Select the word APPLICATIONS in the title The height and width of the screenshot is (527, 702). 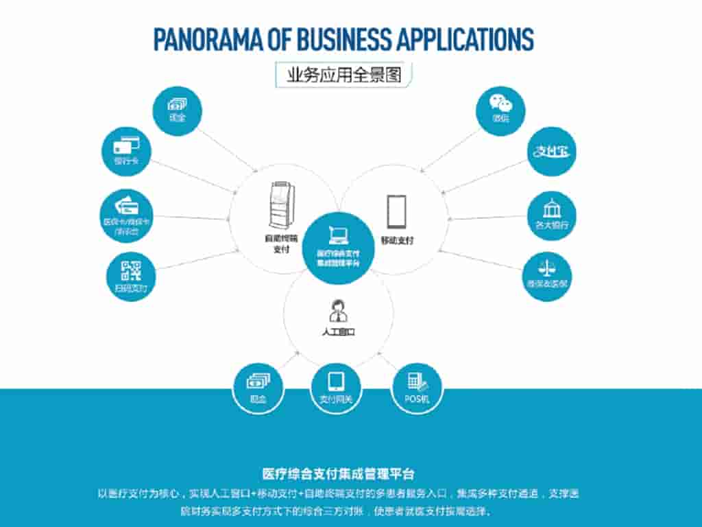click(465, 39)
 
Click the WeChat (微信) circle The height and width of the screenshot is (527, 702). click(500, 110)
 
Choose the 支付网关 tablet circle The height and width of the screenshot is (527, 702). click(336, 388)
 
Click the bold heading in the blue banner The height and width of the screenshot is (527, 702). click(339, 474)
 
